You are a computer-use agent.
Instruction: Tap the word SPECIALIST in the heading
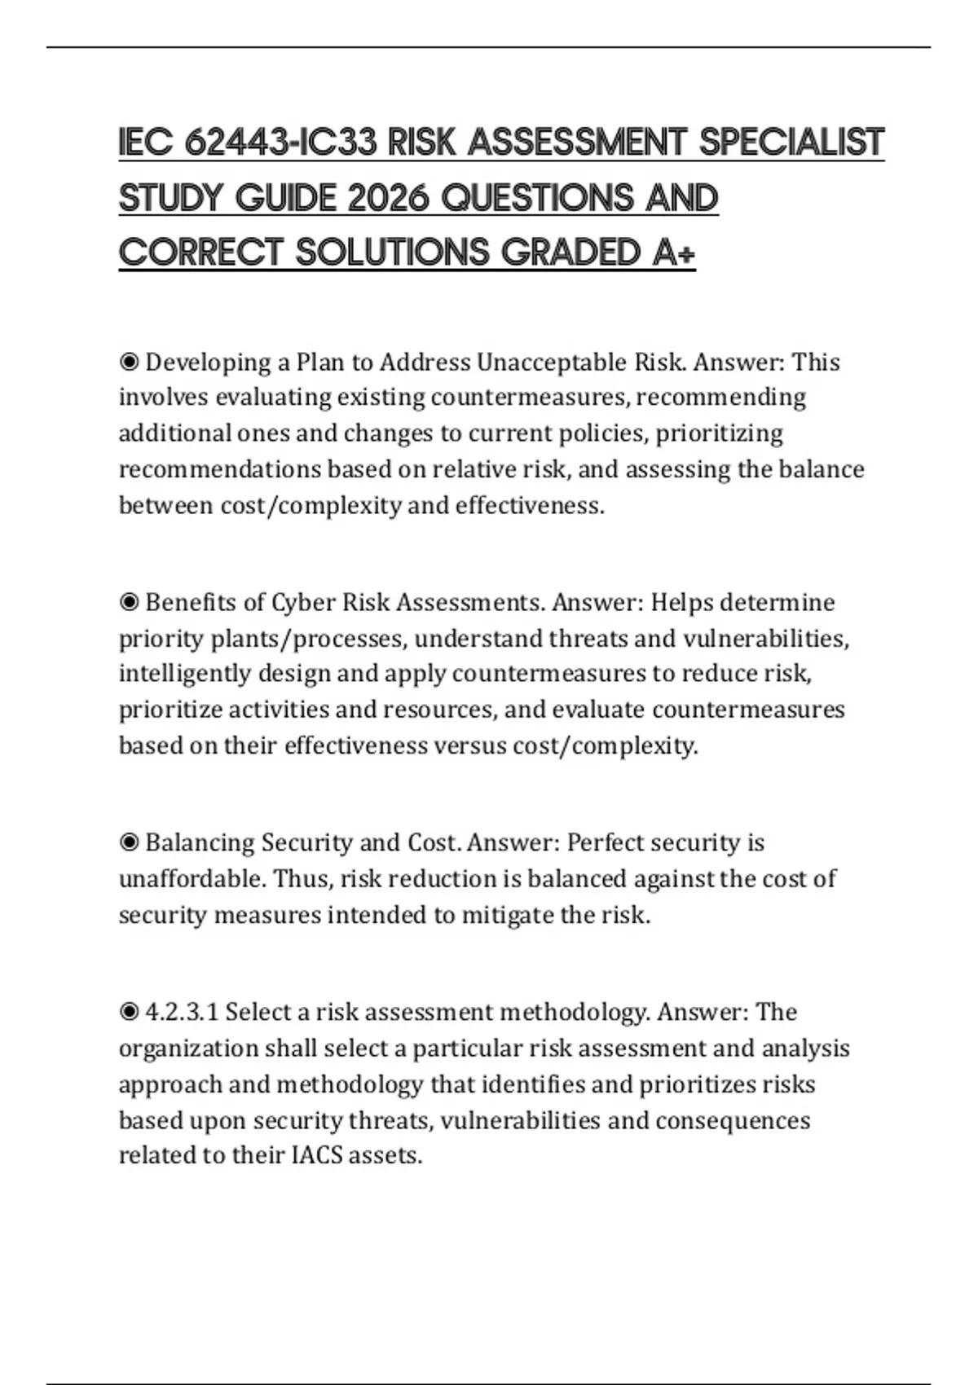click(791, 143)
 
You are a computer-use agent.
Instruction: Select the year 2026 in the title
click(389, 199)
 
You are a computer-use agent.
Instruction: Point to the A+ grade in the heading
click(674, 253)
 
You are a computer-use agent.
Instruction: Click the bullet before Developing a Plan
click(129, 362)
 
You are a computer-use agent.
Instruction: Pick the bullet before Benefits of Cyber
click(129, 602)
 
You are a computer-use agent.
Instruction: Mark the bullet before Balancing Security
click(129, 842)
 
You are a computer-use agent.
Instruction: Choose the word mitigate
click(507, 915)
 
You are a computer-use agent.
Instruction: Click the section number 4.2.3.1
click(181, 1012)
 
